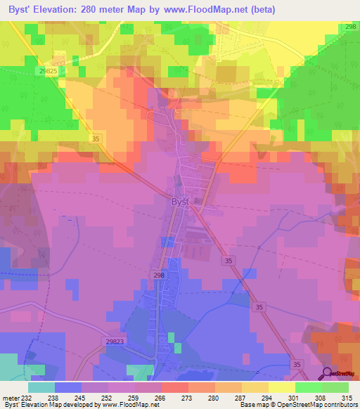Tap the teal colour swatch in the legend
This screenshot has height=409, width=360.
point(41,387)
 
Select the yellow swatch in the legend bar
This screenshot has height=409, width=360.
point(281,387)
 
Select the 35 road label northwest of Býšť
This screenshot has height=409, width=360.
point(96,140)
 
